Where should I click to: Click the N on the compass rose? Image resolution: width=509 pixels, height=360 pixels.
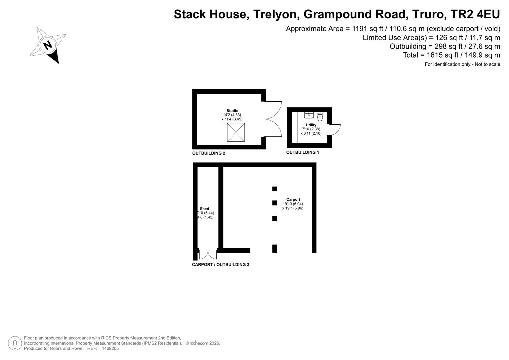pyautogui.click(x=48, y=45)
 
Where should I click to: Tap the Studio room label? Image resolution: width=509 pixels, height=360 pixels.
pyautogui.click(x=232, y=111)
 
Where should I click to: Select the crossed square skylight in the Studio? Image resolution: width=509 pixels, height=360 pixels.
pyautogui.click(x=236, y=132)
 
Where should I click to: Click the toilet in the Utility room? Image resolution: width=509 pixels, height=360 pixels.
pyautogui.click(x=320, y=116)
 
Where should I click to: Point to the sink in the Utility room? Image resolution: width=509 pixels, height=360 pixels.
pyautogui.click(x=309, y=115)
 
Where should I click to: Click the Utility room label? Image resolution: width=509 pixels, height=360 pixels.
pyautogui.click(x=311, y=125)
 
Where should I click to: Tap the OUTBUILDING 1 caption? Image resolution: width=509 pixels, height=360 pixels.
pyautogui.click(x=302, y=152)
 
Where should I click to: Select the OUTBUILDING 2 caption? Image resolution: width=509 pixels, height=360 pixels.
pyautogui.click(x=209, y=153)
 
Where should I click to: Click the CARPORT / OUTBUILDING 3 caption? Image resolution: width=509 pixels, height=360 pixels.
pyautogui.click(x=220, y=265)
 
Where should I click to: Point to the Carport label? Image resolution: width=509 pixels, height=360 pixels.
pyautogui.click(x=293, y=199)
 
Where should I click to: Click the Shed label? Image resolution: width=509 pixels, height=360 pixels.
pyautogui.click(x=204, y=209)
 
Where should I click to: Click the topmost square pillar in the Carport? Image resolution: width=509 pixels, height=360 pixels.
pyautogui.click(x=274, y=189)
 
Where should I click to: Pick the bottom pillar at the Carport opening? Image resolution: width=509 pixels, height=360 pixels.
pyautogui.click(x=274, y=248)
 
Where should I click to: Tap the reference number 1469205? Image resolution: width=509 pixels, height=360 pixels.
pyautogui.click(x=110, y=348)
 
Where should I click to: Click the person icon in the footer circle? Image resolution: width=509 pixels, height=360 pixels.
pyautogui.click(x=15, y=343)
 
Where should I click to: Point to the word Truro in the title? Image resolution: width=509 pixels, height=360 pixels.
pyautogui.click(x=428, y=14)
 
